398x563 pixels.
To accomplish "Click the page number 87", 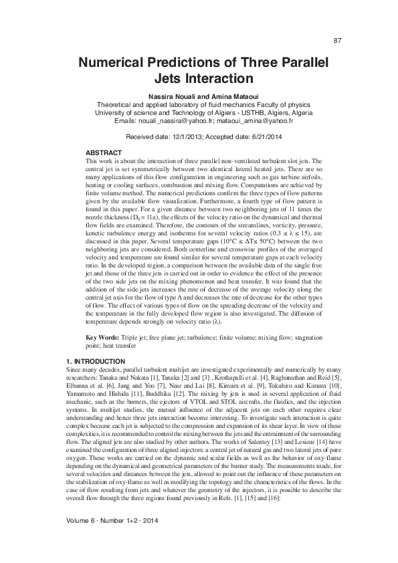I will coord(337,41).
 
